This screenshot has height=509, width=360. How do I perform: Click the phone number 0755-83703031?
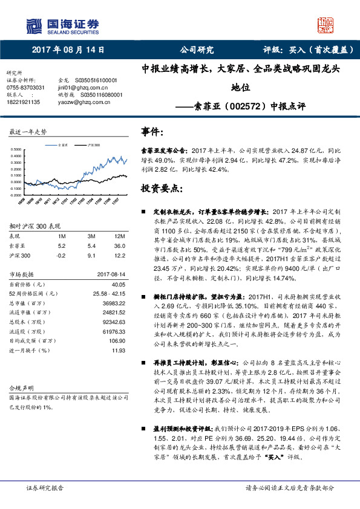(x=25, y=88)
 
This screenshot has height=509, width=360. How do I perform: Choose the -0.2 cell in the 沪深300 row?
(x=61, y=254)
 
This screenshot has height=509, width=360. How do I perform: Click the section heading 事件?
(x=152, y=132)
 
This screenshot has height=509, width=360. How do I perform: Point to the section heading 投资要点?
(x=162, y=189)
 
